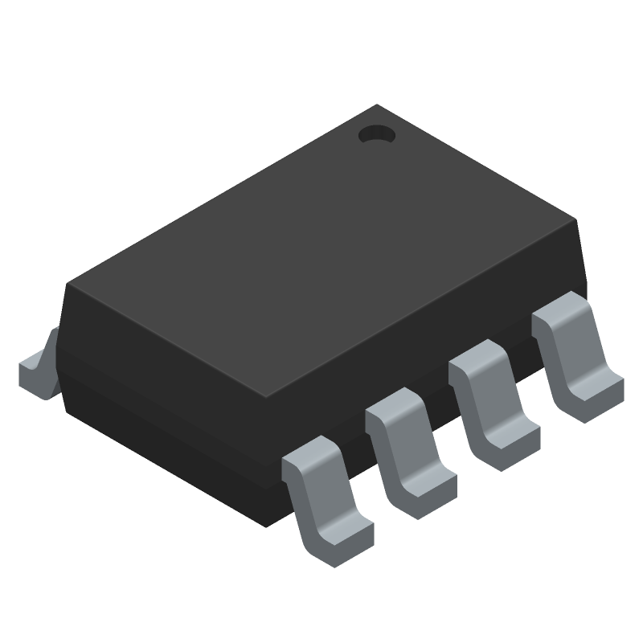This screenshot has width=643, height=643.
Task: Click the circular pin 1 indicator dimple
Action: point(376,136)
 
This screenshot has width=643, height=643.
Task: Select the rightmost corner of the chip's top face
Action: point(578,221)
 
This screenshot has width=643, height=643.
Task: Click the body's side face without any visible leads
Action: point(161,386)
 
